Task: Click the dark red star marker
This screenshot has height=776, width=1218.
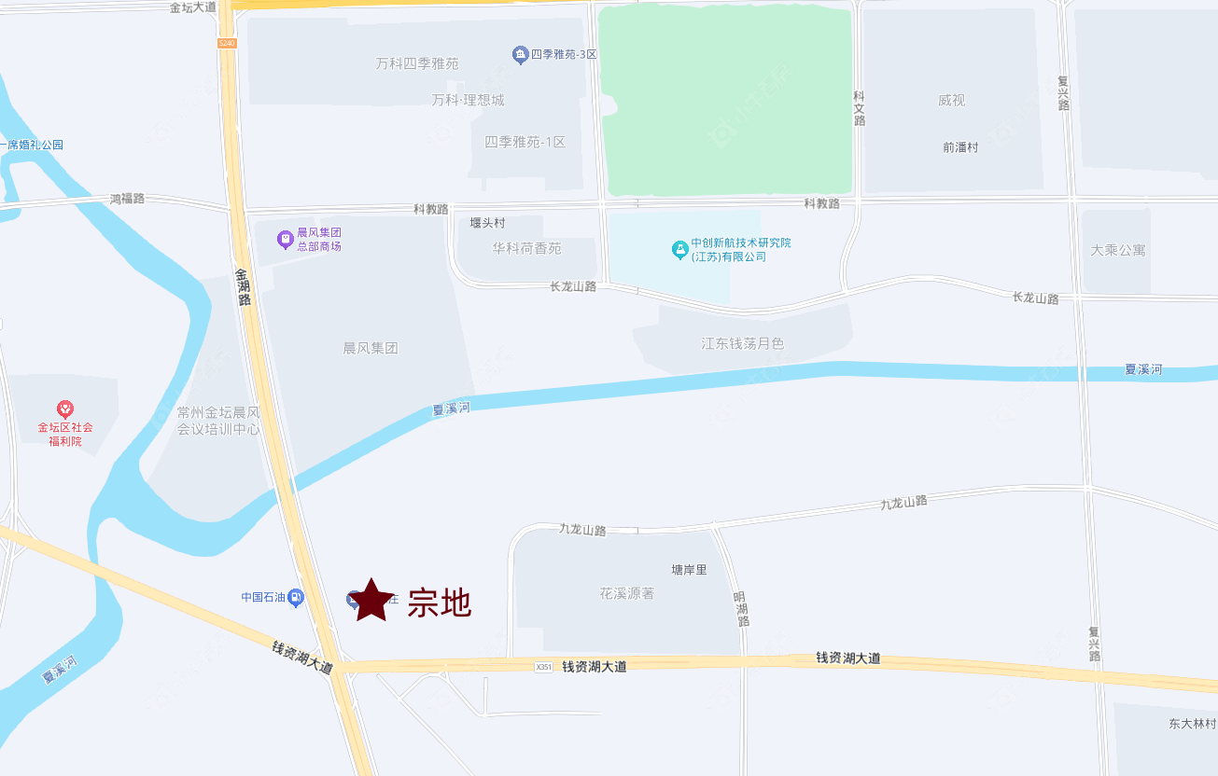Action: [371, 601]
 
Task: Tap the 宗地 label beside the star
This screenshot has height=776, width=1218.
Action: [440, 603]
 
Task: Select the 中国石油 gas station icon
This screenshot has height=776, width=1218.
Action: [296, 597]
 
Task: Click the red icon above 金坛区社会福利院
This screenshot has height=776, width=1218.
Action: [65, 409]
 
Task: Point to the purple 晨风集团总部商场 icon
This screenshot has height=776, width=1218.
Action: [286, 240]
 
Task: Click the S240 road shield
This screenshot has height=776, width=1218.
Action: [227, 43]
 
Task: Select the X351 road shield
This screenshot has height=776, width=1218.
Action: [544, 667]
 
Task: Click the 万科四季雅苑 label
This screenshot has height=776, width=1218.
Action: [417, 64]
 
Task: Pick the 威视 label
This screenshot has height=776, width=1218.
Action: [951, 101]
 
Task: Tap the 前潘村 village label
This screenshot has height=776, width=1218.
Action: [960, 147]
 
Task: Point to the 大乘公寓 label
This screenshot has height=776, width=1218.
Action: [1118, 250]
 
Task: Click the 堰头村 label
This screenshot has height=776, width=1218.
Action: [487, 224]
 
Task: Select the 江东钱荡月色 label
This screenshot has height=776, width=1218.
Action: [743, 343]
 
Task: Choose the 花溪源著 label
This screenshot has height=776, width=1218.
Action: [627, 593]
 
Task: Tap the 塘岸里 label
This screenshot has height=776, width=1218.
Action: [690, 570]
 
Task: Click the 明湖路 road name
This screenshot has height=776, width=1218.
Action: [740, 608]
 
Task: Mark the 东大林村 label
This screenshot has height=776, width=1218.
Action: [1192, 724]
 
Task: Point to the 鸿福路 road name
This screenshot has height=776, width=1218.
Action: [128, 199]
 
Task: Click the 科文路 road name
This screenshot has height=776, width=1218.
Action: [859, 108]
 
